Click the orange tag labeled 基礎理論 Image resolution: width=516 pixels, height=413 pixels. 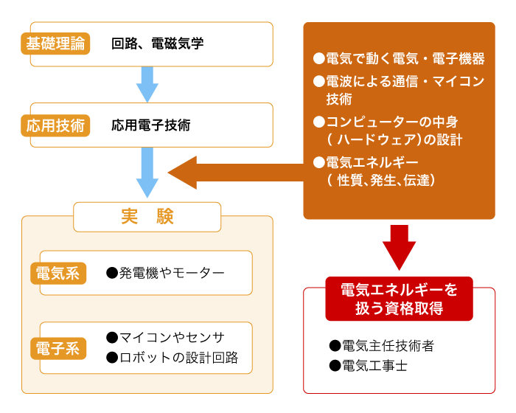55,44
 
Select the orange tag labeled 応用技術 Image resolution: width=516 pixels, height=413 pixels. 55,125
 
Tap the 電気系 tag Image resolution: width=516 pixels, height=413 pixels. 58,274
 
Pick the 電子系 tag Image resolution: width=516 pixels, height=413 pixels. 58,348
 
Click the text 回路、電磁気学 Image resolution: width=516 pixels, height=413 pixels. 158,44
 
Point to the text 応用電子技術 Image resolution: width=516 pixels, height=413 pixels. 151,125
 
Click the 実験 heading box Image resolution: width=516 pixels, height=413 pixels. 147,217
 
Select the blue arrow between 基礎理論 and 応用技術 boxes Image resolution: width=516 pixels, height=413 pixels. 147,85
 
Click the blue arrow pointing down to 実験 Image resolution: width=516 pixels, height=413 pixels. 147,173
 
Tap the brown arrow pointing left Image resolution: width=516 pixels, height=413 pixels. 236,173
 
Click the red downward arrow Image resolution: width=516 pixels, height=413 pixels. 400,248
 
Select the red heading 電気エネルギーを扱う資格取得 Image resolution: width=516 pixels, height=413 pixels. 400,299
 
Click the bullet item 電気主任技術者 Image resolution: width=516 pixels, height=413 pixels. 382,346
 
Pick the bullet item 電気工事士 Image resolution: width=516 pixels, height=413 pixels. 369,366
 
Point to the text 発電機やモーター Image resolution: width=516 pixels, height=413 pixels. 166,273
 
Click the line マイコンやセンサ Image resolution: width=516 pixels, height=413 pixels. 166,337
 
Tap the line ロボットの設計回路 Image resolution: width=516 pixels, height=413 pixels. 172,358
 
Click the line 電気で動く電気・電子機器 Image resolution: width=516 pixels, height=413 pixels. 399,58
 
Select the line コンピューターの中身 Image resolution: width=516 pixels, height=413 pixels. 386,122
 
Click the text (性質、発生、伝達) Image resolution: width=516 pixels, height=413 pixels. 381,180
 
